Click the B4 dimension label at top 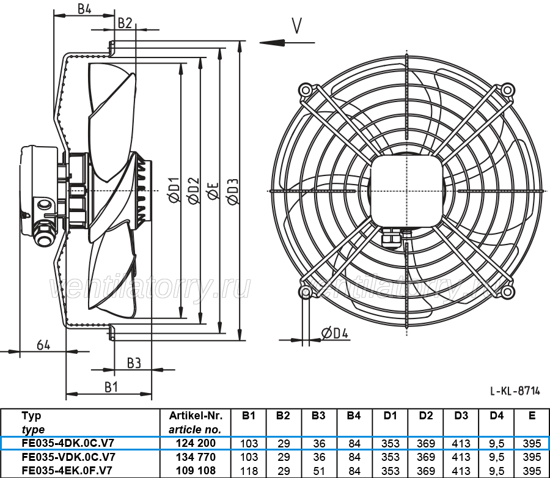click(x=84, y=9)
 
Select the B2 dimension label click(x=125, y=23)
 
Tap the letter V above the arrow click(x=297, y=26)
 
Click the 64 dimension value click(x=43, y=345)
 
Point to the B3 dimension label click(x=134, y=362)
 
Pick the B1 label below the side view click(x=111, y=386)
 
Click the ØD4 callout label click(x=335, y=333)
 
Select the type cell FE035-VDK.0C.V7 click(x=68, y=457)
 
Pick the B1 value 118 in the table click(x=249, y=470)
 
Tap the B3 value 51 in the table click(x=318, y=470)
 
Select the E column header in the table click(x=532, y=416)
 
